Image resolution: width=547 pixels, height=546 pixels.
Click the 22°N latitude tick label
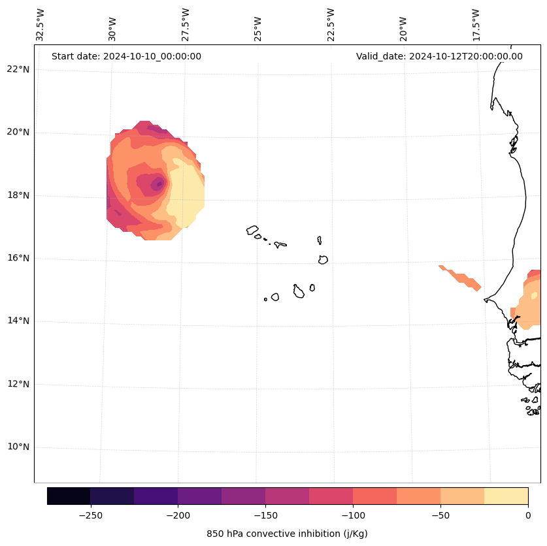pos(18,69)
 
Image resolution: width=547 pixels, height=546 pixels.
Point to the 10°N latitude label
pos(18,447)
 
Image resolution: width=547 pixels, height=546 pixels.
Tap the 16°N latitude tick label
pos(18,258)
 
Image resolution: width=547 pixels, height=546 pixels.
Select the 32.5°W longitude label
pos(41,25)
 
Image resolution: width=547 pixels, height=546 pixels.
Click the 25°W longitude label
pos(258,27)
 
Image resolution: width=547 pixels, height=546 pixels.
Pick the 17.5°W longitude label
pos(476,25)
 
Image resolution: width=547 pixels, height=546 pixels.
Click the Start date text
pos(126,56)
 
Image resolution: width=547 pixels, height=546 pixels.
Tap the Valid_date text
pos(439,56)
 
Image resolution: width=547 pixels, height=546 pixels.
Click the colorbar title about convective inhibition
pos(287,534)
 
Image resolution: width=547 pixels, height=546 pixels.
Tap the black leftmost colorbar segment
pos(69,496)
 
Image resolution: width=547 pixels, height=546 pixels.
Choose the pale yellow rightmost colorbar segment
pos(506,496)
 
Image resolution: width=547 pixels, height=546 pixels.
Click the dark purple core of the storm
pos(158,184)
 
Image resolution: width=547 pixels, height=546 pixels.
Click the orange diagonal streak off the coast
pos(461,277)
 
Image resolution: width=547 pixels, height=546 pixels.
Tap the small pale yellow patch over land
pos(534,296)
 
